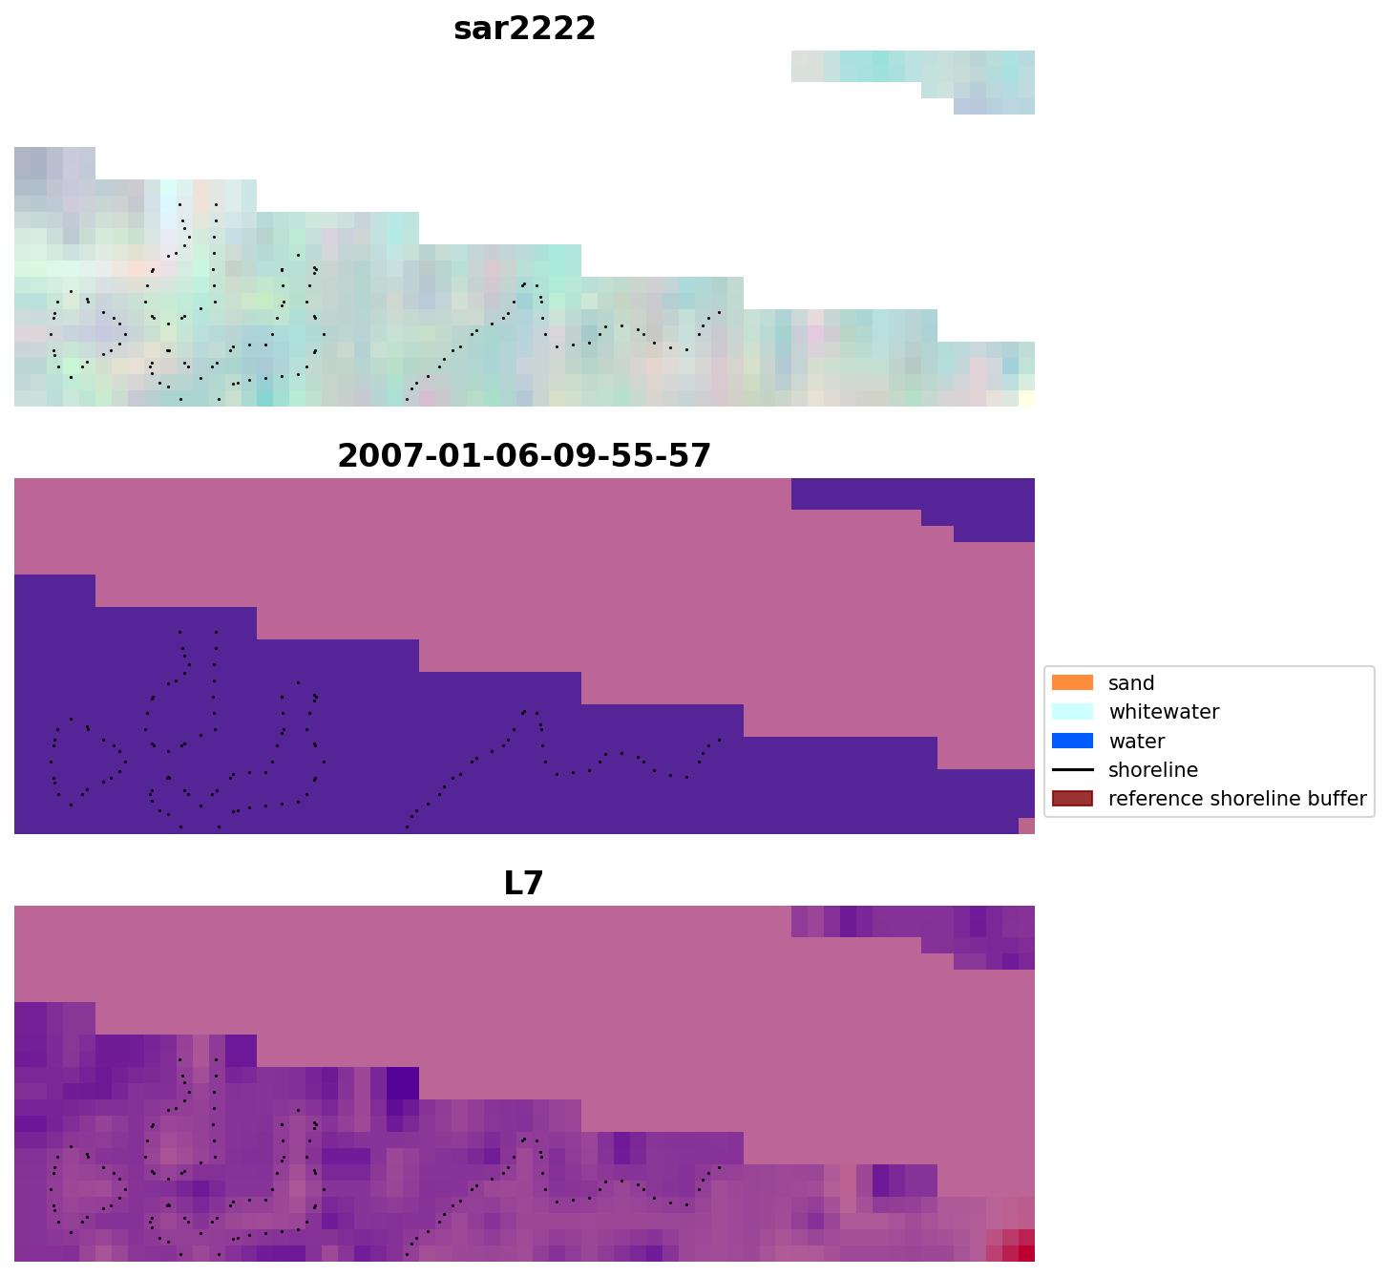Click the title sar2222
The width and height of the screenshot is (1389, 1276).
[x=524, y=29]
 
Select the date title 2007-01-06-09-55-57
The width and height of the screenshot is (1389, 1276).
[x=524, y=455]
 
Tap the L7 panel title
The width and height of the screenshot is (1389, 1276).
[x=523, y=883]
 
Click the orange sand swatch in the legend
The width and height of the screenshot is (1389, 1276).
[x=1072, y=683]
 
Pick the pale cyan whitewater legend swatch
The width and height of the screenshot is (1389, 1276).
[x=1072, y=712]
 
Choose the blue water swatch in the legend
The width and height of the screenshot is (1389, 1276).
[x=1072, y=741]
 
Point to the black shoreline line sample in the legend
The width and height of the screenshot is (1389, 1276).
[x=1072, y=770]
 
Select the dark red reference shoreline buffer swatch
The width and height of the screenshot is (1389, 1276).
[x=1072, y=799]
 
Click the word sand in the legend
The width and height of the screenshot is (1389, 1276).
[x=1131, y=683]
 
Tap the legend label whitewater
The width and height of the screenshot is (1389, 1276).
[x=1164, y=712]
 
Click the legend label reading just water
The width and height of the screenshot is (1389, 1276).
[x=1136, y=742]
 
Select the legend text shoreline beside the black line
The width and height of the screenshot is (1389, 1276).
[x=1152, y=770]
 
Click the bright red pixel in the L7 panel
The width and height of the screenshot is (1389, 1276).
[x=1027, y=1253]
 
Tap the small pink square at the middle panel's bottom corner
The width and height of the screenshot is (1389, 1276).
[x=1027, y=826]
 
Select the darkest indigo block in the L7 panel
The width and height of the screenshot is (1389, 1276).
[x=402, y=1083]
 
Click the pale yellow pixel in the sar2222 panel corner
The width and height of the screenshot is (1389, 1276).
[x=1027, y=399]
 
